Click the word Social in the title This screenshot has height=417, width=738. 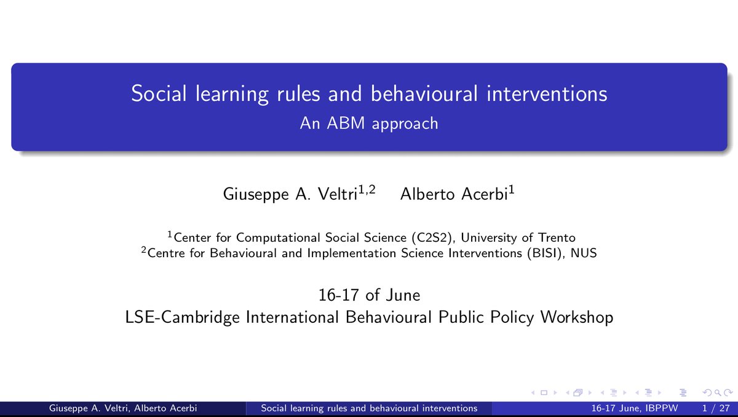click(155, 94)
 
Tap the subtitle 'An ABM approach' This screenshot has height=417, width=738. click(369, 123)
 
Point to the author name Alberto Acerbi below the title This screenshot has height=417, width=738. click(454, 195)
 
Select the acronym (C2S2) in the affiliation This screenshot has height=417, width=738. click(431, 238)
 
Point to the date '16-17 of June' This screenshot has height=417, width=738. click(369, 295)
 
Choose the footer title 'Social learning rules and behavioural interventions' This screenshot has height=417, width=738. click(369, 408)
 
